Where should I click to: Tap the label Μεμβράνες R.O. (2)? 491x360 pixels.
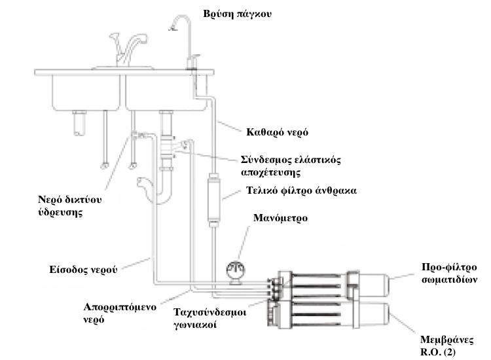coord(446,346)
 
